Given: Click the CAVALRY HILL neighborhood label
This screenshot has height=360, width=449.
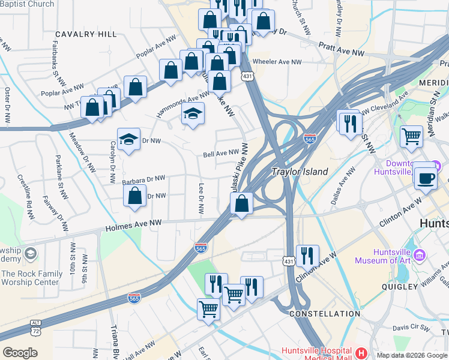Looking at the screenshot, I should pyautogui.click(x=86, y=34).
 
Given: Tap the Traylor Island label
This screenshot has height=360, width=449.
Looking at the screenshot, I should pyautogui.click(x=300, y=172).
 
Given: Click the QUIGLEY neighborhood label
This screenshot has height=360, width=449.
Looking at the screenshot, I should pyautogui.click(x=400, y=287).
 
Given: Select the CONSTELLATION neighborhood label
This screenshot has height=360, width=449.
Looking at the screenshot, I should pyautogui.click(x=325, y=314).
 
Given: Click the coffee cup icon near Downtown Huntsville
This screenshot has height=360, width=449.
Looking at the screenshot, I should pyautogui.click(x=426, y=178).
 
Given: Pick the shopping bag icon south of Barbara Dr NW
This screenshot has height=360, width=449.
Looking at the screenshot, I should pyautogui.click(x=135, y=196).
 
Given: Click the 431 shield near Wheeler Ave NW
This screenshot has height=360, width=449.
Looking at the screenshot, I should pyautogui.click(x=247, y=76).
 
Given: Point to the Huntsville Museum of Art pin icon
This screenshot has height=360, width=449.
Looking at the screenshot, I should pyautogui.click(x=420, y=256).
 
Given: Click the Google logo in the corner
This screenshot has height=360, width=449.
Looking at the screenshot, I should pyautogui.click(x=20, y=353).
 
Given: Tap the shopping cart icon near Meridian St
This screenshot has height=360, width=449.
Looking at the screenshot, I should pyautogui.click(x=411, y=136).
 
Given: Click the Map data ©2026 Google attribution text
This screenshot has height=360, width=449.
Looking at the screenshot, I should pyautogui.click(x=412, y=355).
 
